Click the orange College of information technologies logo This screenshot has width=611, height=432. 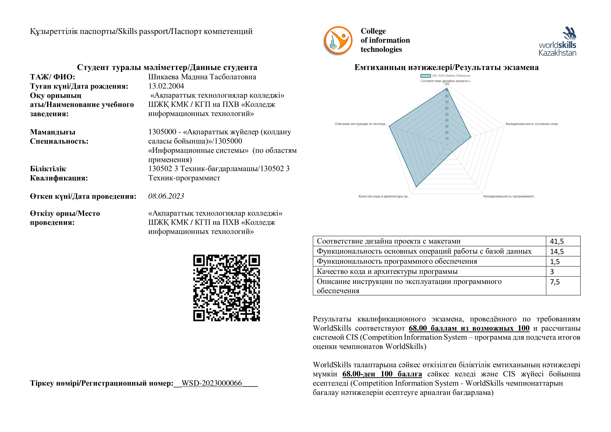coord(338,40)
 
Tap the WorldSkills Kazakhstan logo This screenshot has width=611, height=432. coord(557,42)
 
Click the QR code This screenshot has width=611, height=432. coord(226,288)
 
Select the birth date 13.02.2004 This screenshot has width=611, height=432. coord(166,86)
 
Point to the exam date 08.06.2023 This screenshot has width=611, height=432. coord(166,196)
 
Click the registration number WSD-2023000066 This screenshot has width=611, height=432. coord(212,383)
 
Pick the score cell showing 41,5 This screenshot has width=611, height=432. coord(557,241)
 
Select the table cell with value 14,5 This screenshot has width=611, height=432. coord(557,251)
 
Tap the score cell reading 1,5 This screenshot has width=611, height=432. coord(555,261)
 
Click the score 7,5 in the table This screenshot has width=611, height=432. coord(555,282)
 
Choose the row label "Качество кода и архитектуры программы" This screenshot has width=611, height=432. coord(387,272)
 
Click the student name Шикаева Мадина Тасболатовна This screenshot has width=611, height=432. coord(202,77)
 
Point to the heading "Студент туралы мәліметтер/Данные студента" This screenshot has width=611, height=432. coord(167,67)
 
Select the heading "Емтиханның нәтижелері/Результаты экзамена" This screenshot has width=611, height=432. coord(446,67)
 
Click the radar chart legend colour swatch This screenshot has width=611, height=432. coord(426,76)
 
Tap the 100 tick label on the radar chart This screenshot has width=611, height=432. coord(447,84)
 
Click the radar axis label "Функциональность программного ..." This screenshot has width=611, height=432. coord(510,197)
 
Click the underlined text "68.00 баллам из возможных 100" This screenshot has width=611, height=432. coord(469,328)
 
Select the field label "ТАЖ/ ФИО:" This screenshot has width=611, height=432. coord(53,77)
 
